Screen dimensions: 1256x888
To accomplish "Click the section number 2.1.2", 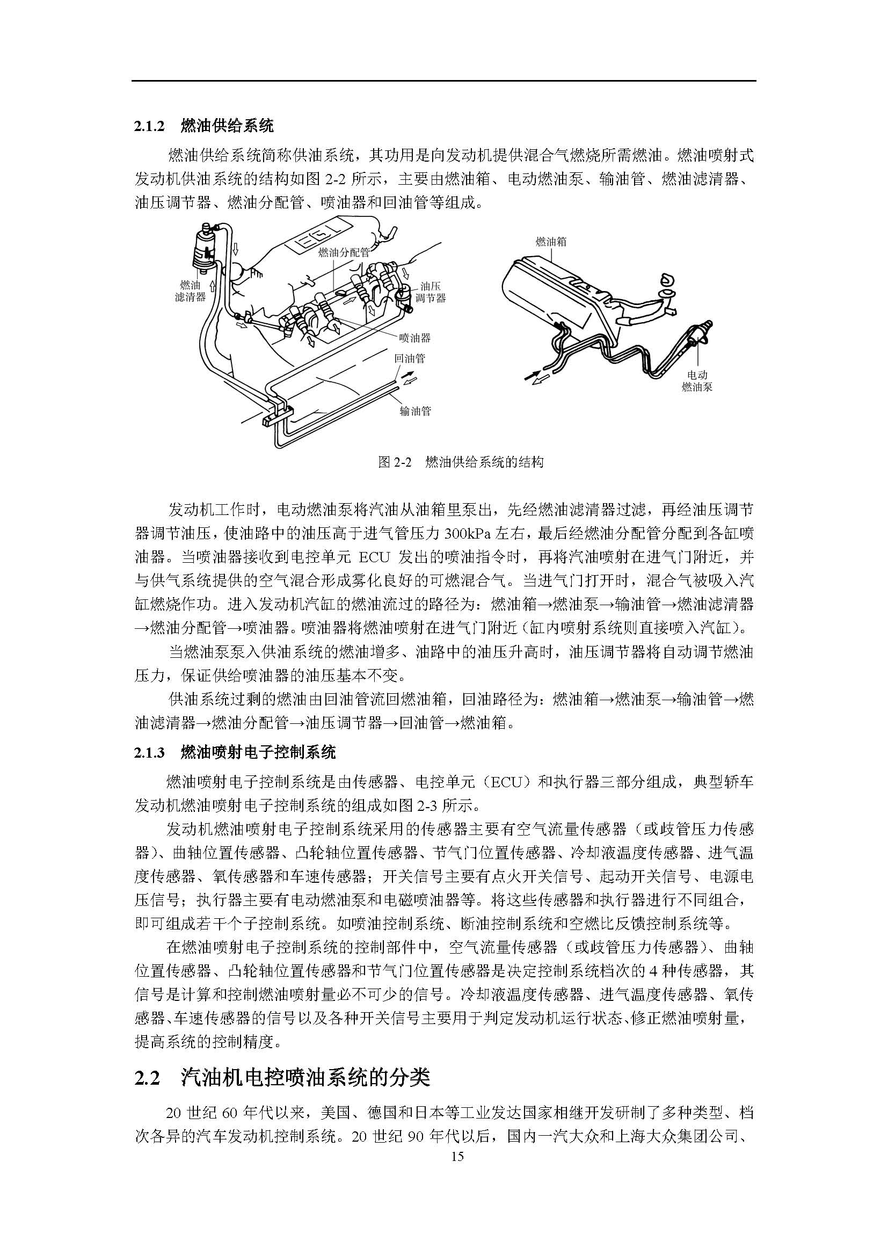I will pos(149,127).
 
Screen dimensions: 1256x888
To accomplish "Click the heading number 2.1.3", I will pos(149,753).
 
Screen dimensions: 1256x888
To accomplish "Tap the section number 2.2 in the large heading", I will pos(147,1077).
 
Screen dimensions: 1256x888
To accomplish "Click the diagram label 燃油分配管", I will pos(344,252).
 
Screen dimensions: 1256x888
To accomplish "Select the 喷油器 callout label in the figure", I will pos(414,338).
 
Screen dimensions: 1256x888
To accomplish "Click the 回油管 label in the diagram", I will pos(410,359).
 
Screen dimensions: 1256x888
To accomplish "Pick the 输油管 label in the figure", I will pos(415,411).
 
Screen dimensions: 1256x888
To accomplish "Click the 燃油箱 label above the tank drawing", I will pos(551,241).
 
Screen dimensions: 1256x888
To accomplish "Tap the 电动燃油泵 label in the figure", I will pos(697,381).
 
